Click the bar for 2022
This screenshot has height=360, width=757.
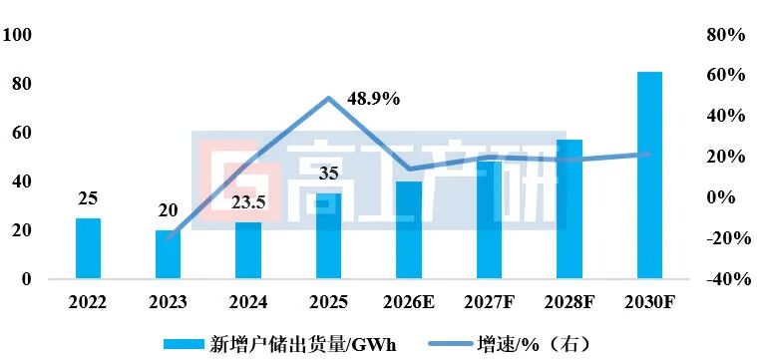(x=88, y=248)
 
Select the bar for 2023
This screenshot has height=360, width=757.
(x=168, y=254)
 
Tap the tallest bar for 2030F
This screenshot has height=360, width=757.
(x=649, y=176)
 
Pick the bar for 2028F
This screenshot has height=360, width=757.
(x=569, y=209)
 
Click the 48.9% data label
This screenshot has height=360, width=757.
(x=373, y=99)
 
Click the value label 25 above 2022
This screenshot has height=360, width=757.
(x=88, y=198)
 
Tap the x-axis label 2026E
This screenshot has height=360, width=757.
(x=408, y=300)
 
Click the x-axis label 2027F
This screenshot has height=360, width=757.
(x=489, y=300)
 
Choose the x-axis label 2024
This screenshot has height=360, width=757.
(x=248, y=300)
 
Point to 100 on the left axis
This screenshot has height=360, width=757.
(x=19, y=35)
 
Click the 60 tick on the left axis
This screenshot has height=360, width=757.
(x=22, y=133)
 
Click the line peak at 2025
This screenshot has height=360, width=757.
(x=328, y=99)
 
